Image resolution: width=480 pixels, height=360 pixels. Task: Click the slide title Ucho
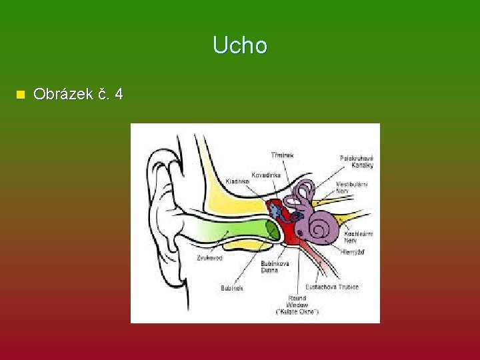(240, 45)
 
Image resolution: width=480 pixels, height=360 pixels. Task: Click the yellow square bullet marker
(20, 95)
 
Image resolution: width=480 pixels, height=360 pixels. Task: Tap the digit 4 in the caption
(119, 94)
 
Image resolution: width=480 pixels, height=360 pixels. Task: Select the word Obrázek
(62, 94)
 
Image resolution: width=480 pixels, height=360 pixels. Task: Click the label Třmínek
(281, 155)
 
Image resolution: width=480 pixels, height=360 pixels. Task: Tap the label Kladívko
(237, 181)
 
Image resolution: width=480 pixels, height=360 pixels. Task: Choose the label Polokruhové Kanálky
(357, 161)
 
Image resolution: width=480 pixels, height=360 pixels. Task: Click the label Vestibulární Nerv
(351, 187)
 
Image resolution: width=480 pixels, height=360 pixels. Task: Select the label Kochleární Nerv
(359, 237)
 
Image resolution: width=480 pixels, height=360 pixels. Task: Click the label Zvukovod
(209, 257)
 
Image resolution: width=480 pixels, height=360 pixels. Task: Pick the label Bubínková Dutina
(275, 267)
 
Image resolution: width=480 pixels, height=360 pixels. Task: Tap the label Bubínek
(232, 288)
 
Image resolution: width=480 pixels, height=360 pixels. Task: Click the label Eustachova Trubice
(333, 287)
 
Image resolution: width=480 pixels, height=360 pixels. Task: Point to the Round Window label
(297, 304)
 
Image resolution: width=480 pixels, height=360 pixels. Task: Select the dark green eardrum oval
(272, 230)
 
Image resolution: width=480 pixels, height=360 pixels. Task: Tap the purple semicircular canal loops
(305, 193)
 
